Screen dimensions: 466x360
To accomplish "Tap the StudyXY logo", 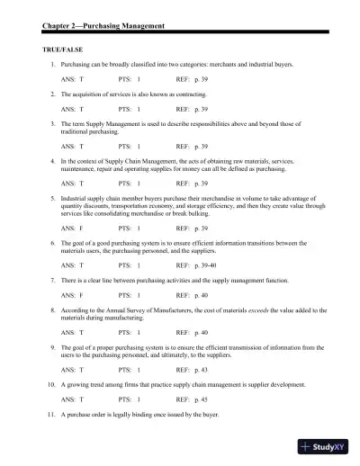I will (x=328, y=445).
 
